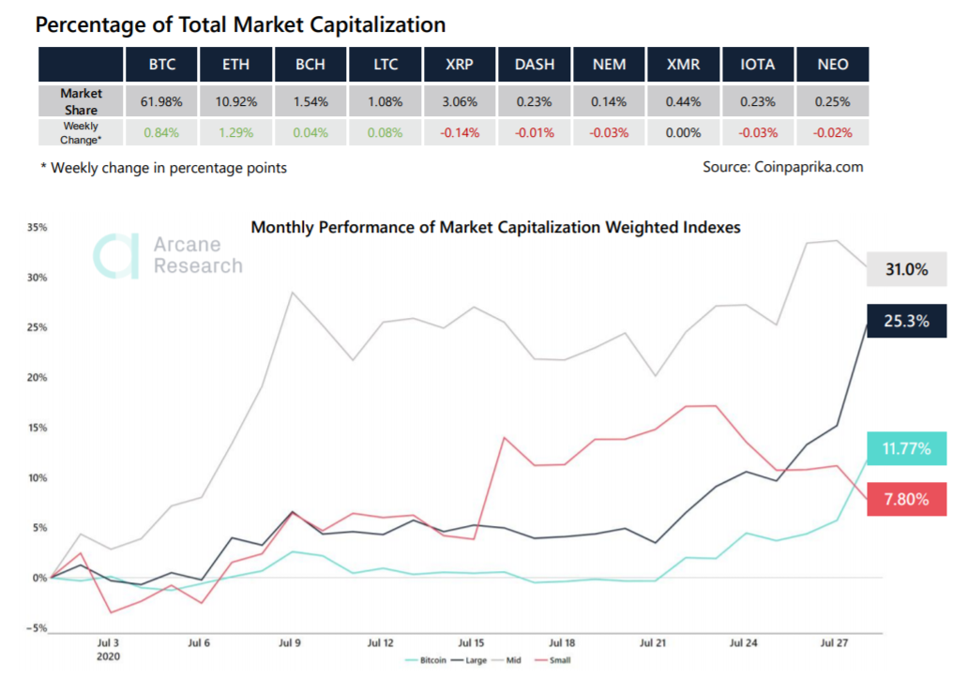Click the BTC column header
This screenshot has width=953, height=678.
(161, 65)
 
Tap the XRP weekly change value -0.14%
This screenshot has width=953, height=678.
(460, 132)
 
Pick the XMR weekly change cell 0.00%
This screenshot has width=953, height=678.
(682, 132)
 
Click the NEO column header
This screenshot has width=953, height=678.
(831, 65)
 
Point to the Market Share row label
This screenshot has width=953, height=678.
(81, 101)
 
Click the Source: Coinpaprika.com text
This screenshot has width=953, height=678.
(782, 167)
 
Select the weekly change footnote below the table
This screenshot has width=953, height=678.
(162, 168)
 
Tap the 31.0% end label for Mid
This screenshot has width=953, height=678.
(907, 270)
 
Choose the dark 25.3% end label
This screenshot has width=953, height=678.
(907, 321)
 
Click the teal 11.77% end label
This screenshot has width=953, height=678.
(907, 449)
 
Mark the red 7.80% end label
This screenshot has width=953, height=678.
(907, 499)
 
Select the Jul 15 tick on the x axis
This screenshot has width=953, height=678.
(471, 643)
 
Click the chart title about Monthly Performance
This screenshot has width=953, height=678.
(496, 227)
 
